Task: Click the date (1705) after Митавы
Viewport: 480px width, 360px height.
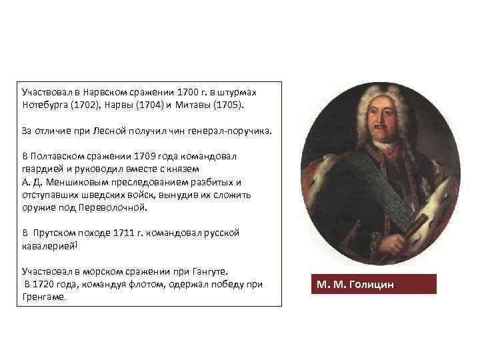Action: click(x=229, y=105)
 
